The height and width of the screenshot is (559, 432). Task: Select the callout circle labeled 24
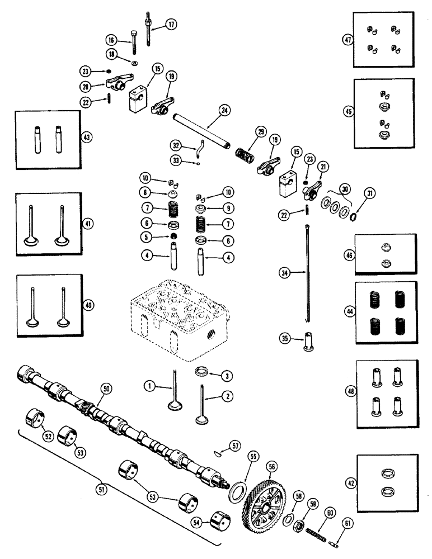pos(224,110)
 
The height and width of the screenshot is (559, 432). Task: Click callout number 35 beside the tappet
pos(285,339)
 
